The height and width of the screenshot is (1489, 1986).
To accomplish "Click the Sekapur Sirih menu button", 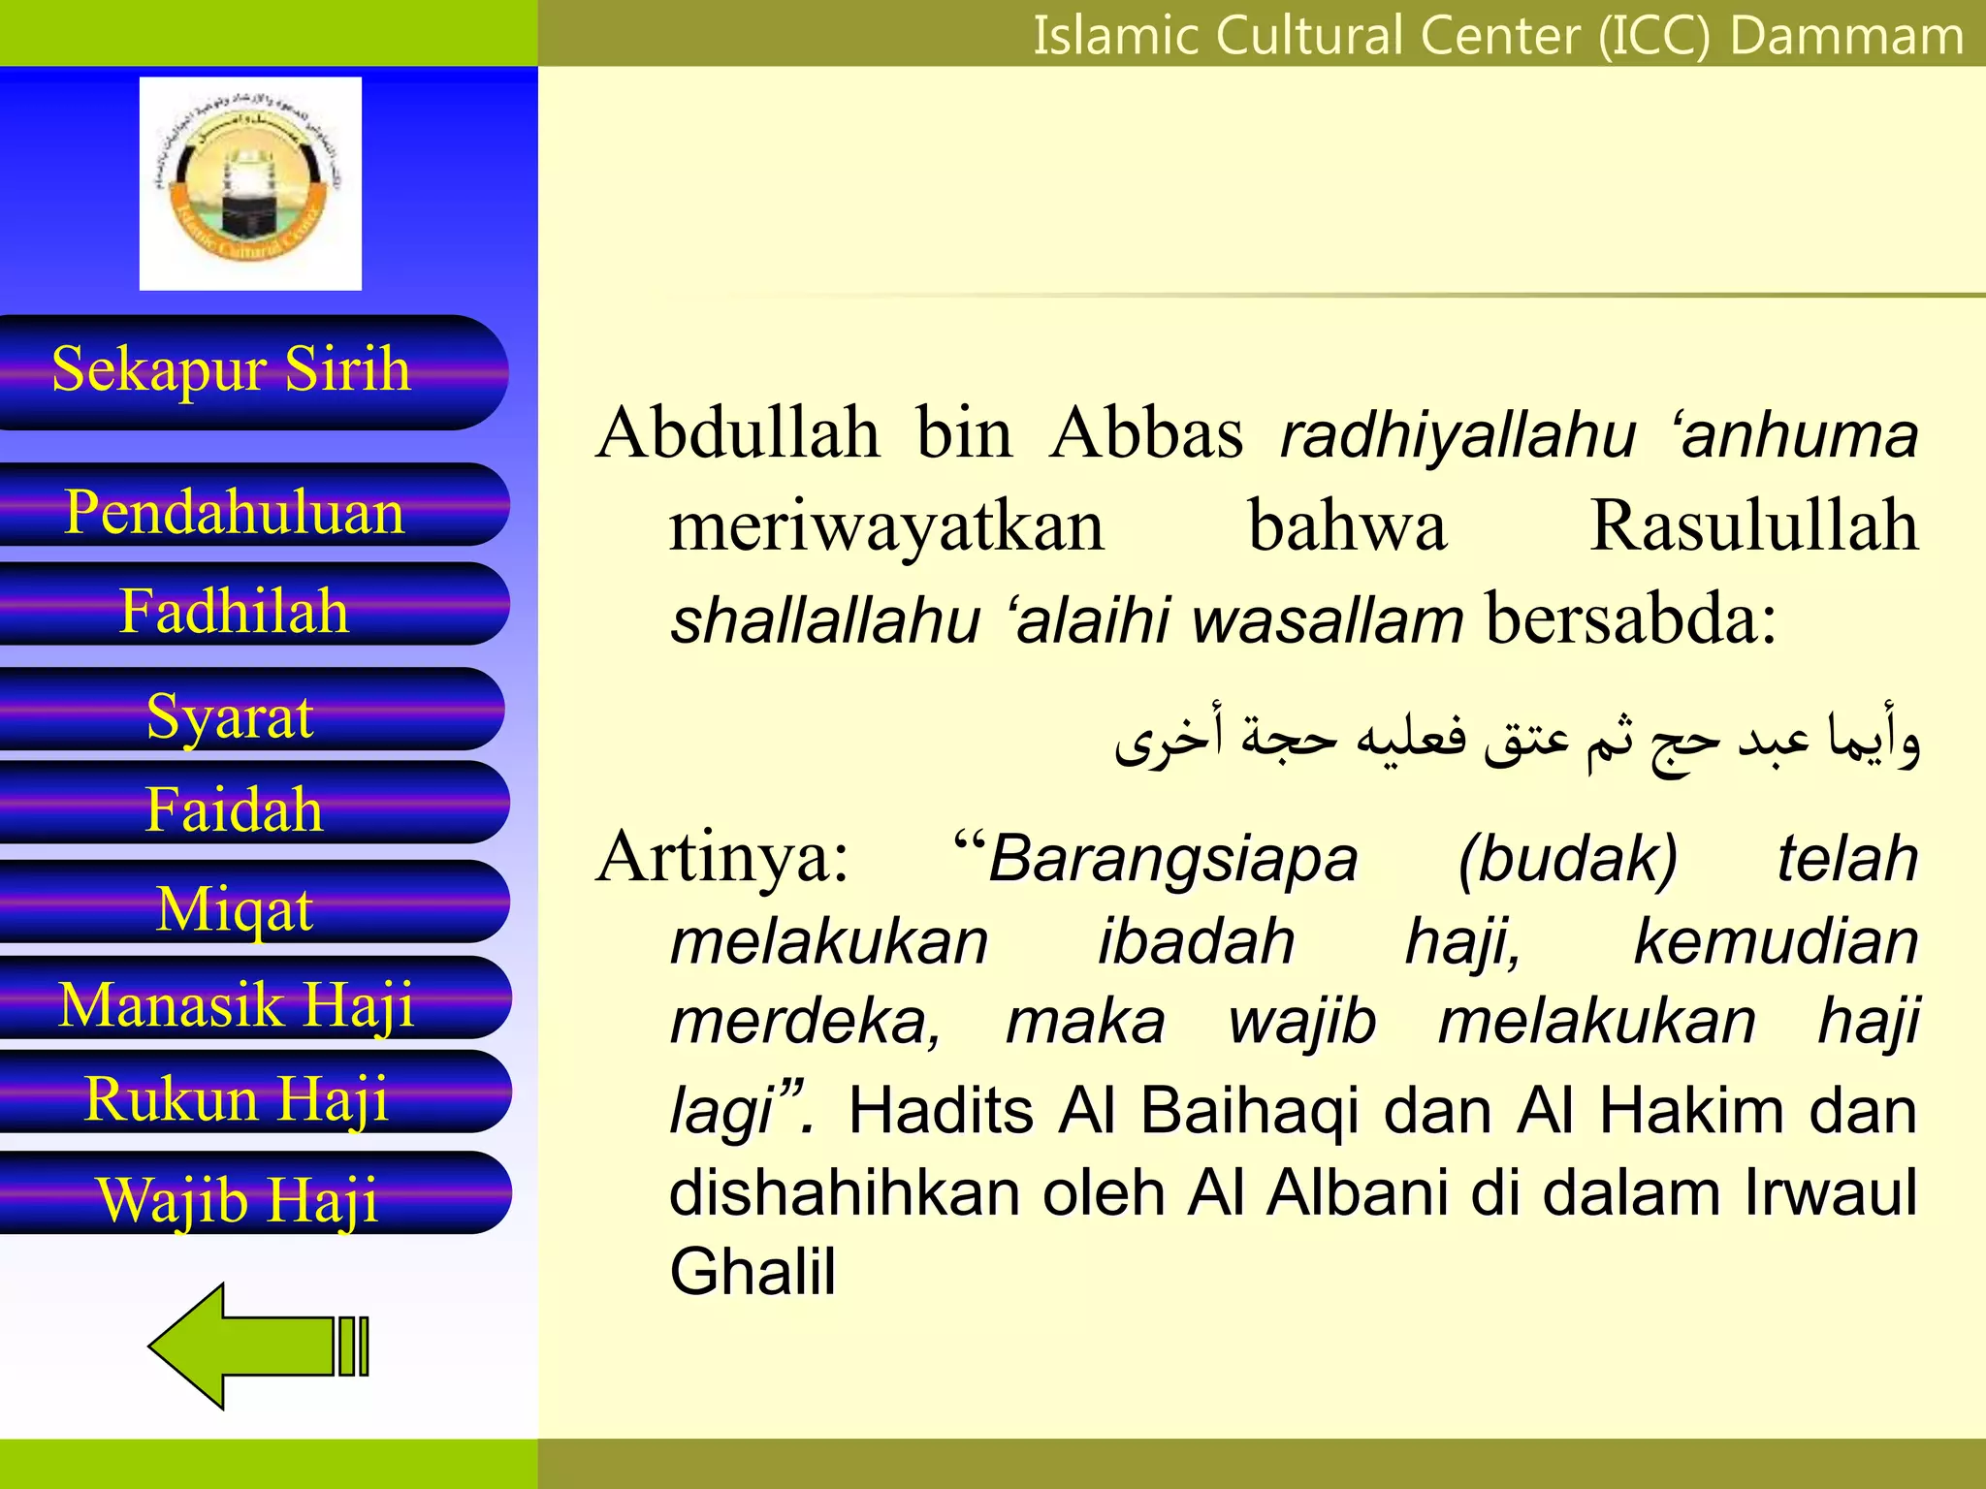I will (x=233, y=371).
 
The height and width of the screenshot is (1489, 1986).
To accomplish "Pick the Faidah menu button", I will (x=235, y=808).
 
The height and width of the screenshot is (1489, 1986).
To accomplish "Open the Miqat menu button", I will (x=235, y=907).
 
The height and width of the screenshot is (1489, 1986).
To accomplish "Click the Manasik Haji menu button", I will (x=237, y=1002).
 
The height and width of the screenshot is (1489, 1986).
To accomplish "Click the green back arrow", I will (x=258, y=1346).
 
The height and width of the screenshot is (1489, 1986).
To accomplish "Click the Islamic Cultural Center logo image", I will (x=250, y=184).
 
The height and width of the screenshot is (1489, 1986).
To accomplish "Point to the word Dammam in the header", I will (x=1846, y=36).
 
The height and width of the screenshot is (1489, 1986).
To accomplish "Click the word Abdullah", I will (x=739, y=433).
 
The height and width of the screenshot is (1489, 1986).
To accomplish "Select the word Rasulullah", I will (x=1753, y=526).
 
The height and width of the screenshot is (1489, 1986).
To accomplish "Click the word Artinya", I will (x=722, y=857).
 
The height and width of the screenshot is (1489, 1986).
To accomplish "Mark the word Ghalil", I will (x=753, y=1271).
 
